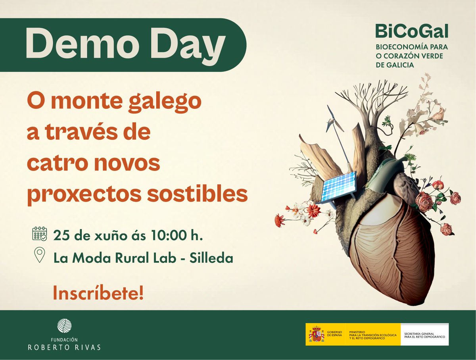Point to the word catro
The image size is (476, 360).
[x=56, y=164]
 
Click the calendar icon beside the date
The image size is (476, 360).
[x=39, y=234]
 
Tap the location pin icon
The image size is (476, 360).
[x=39, y=255]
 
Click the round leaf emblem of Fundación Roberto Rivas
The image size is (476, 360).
[x=64, y=326]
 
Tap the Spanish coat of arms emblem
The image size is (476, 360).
[x=316, y=334]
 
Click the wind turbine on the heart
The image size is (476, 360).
[x=336, y=123]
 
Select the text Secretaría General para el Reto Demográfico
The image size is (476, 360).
[x=424, y=335]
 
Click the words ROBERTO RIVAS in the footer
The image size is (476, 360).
[x=64, y=347]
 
